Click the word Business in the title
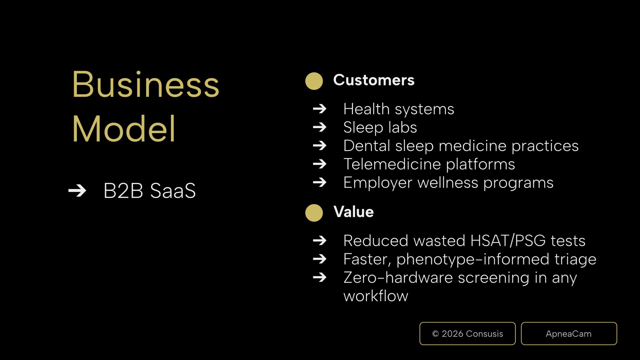[146, 84]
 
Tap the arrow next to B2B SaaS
[77, 191]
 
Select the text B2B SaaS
[150, 191]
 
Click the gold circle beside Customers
[314, 81]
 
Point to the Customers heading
[374, 80]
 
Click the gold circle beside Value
[314, 213]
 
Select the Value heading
[354, 212]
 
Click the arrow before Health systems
[320, 109]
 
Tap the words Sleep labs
[380, 127]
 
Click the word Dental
[367, 146]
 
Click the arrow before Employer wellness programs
[320, 182]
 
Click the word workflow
[376, 296]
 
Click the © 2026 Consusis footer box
[467, 334]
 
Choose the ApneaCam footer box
[569, 334]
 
